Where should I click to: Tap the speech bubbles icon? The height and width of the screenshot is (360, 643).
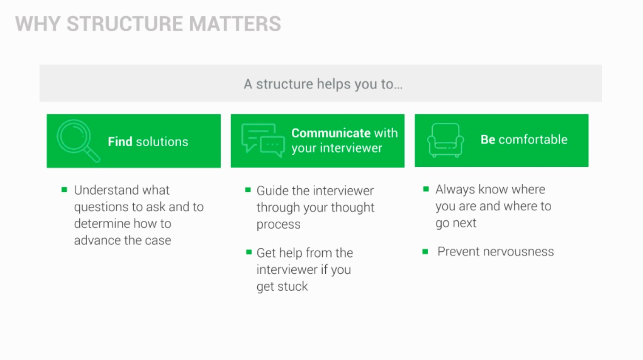click(263, 140)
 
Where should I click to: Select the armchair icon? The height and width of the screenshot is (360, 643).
click(445, 140)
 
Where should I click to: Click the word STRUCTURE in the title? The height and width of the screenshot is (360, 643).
click(124, 24)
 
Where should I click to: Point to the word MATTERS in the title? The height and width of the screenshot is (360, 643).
click(235, 24)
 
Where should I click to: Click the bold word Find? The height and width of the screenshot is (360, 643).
click(120, 142)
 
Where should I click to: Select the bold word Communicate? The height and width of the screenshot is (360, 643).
click(331, 133)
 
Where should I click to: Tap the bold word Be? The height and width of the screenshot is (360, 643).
click(488, 140)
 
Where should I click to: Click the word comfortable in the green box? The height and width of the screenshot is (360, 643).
click(533, 140)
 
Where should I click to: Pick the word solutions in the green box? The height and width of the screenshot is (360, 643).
click(162, 142)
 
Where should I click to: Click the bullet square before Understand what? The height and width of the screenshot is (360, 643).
click(64, 190)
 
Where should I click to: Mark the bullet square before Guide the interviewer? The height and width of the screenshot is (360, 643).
click(248, 190)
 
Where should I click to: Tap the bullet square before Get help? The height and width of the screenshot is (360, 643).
click(249, 252)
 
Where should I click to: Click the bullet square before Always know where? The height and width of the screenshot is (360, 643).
click(426, 189)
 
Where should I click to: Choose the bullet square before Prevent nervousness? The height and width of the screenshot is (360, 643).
click(425, 252)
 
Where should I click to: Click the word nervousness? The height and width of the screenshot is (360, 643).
click(519, 252)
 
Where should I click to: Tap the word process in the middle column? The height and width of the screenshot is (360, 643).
click(278, 224)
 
